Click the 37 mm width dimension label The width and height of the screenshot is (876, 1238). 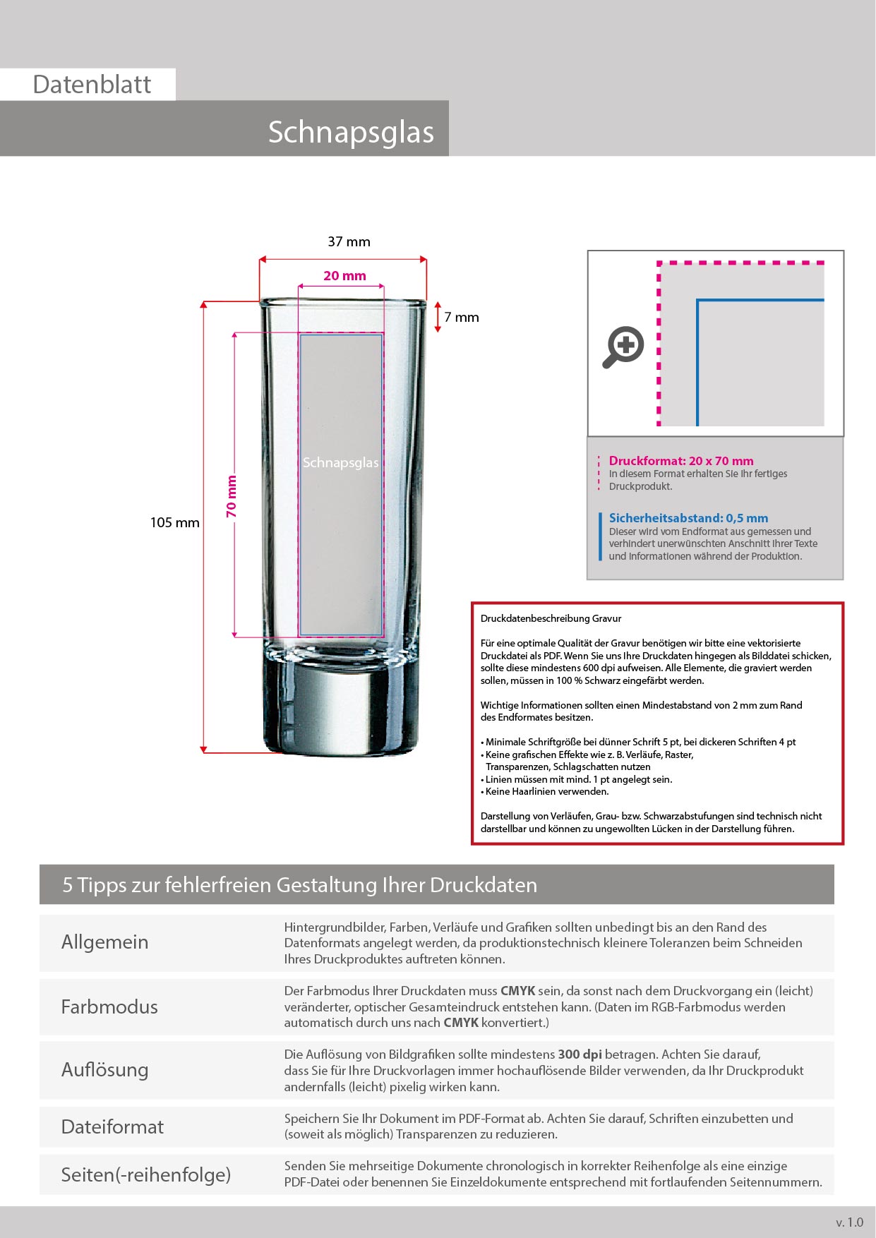tap(349, 241)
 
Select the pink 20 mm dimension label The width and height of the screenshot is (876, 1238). tap(344, 276)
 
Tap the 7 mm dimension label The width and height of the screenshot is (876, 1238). tap(461, 318)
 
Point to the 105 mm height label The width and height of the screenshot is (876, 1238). tap(174, 523)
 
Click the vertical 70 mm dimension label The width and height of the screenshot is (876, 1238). tap(232, 496)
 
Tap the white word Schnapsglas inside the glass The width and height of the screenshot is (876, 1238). tap(340, 463)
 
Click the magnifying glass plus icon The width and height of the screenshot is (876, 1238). tap(623, 347)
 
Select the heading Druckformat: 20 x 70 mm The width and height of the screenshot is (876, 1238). tap(681, 461)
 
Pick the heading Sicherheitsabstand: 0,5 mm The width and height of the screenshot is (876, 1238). tap(688, 518)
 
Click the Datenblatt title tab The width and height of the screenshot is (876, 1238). tap(92, 85)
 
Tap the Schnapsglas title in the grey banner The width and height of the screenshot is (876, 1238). tap(351, 132)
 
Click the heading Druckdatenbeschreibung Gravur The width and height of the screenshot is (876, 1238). tap(551, 618)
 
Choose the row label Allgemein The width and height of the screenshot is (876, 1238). tap(104, 942)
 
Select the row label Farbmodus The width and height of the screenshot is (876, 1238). tap(109, 1006)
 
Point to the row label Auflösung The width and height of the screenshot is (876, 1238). tap(104, 1070)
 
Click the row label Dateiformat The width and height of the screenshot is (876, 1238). tap(112, 1126)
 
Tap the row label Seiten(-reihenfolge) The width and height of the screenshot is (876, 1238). tap(146, 1174)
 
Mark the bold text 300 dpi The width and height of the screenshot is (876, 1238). tap(580, 1054)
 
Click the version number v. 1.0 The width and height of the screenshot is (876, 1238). tap(849, 1222)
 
